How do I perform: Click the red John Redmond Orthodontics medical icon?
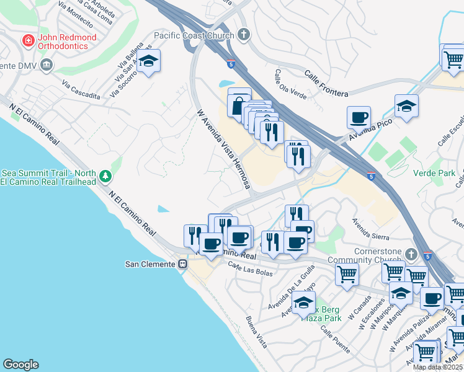[x=28, y=41]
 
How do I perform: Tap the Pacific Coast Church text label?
[x=194, y=35]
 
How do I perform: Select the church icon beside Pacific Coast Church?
[x=243, y=35]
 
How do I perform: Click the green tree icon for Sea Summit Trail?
[x=105, y=177]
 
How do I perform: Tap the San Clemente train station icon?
[x=182, y=264]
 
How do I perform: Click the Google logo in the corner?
[x=20, y=365]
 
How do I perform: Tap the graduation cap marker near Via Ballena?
[x=148, y=61]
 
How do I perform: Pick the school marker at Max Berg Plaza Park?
[x=303, y=302]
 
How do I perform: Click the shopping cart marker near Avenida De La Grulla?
[x=347, y=273]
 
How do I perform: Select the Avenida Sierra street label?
[x=370, y=229]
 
